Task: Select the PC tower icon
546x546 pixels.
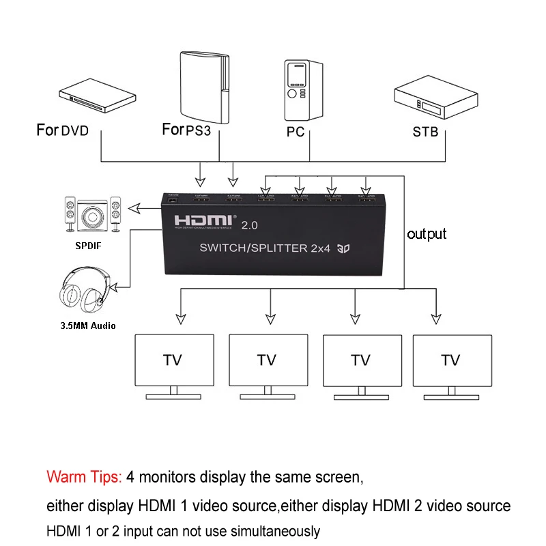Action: click(x=303, y=89)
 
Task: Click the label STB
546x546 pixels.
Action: click(x=425, y=132)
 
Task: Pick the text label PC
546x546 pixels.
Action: click(x=296, y=132)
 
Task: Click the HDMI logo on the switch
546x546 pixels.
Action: click(x=203, y=222)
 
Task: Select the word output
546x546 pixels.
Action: click(x=427, y=234)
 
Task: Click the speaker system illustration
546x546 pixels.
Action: click(x=91, y=216)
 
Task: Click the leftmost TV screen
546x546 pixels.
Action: click(x=173, y=360)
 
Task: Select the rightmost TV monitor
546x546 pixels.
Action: click(x=450, y=360)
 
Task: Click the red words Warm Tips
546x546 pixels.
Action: click(x=84, y=476)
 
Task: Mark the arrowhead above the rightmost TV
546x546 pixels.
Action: click(x=435, y=319)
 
